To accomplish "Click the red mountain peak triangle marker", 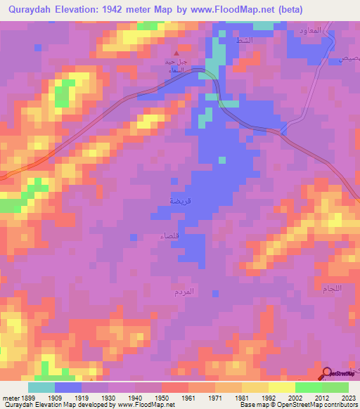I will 176,52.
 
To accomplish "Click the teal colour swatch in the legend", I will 41,387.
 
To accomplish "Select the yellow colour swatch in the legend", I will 281,387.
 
